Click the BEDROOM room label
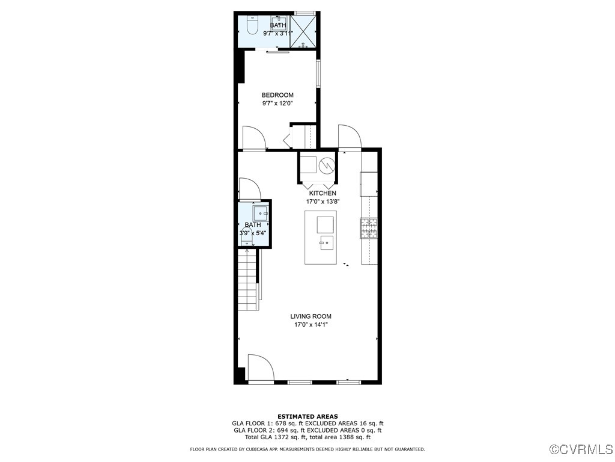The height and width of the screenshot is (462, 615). click(x=277, y=95)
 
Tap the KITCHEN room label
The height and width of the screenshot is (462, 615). click(x=323, y=193)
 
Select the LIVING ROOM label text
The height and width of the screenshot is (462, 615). click(x=311, y=316)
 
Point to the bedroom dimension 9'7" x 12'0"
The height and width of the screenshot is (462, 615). click(x=277, y=103)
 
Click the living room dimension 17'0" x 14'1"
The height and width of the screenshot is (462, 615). click(x=311, y=325)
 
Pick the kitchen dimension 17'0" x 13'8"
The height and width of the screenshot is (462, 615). click(x=323, y=202)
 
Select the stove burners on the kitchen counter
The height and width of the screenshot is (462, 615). click(x=368, y=227)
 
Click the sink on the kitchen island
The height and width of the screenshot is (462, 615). click(x=326, y=243)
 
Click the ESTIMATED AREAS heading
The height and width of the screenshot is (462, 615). click(x=307, y=416)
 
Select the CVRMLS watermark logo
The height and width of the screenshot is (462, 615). click(x=582, y=449)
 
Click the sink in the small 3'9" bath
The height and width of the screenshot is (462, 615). click(x=261, y=212)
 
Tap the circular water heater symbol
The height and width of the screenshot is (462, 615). click(x=326, y=164)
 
